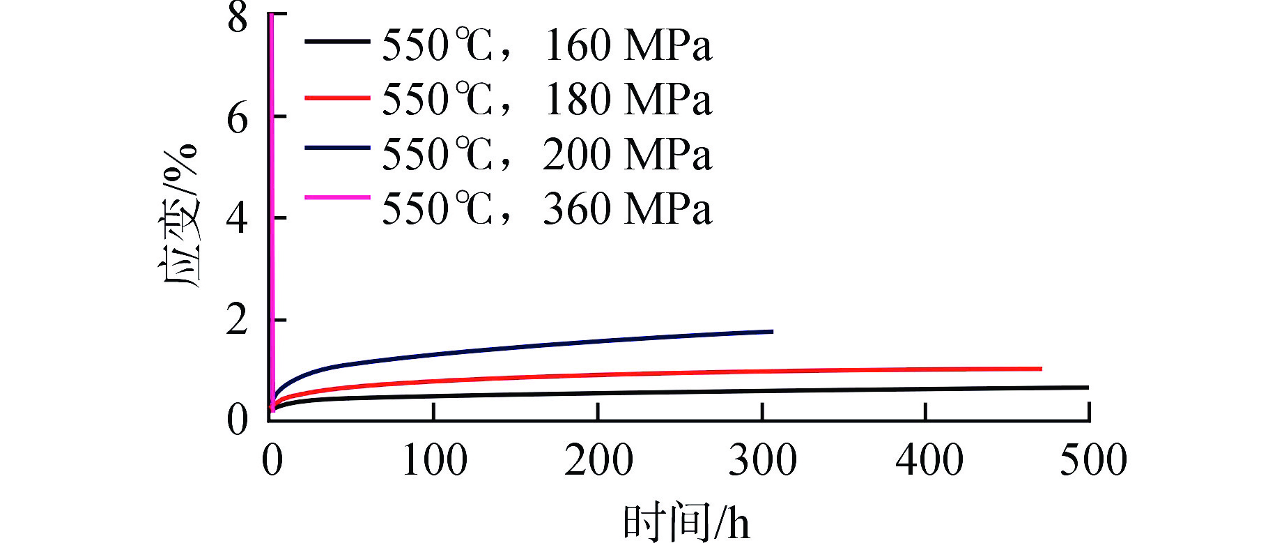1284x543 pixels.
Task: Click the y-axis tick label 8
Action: (x=238, y=17)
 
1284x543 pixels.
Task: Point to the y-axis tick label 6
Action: (x=238, y=119)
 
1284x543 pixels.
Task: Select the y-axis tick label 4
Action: (x=238, y=218)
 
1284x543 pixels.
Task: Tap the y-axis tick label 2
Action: (x=238, y=321)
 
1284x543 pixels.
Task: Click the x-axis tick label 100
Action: (x=435, y=461)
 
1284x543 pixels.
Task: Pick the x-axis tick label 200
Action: (x=598, y=461)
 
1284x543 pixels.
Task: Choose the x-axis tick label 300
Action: (x=762, y=461)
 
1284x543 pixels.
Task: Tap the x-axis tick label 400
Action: (x=929, y=461)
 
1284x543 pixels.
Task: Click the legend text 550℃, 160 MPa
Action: (x=547, y=46)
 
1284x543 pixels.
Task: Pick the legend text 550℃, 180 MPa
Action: (x=547, y=100)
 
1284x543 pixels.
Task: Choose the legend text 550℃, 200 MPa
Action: (x=547, y=154)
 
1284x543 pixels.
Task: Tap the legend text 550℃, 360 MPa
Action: (x=547, y=208)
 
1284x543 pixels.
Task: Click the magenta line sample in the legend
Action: (x=337, y=197)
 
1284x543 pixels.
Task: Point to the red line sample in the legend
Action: (x=337, y=98)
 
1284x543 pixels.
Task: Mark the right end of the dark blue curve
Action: (x=772, y=331)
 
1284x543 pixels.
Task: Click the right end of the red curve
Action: (x=1040, y=369)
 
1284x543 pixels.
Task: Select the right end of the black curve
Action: (x=1087, y=388)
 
